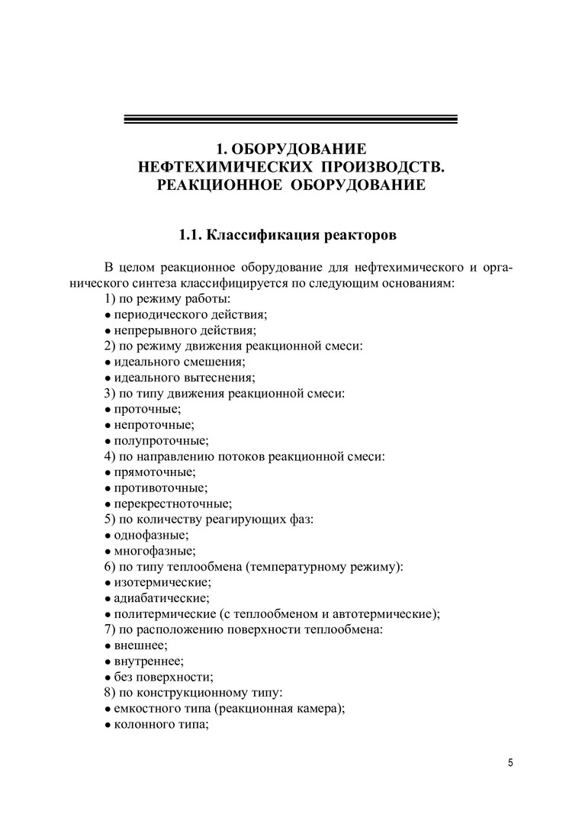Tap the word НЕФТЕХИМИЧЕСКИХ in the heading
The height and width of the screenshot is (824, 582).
coord(220,166)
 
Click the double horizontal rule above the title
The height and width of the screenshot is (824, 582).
coord(290,119)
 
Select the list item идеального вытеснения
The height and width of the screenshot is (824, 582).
coord(180,378)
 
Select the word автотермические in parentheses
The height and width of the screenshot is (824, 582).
coord(386,614)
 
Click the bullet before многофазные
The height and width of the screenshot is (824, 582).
coord(108,551)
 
